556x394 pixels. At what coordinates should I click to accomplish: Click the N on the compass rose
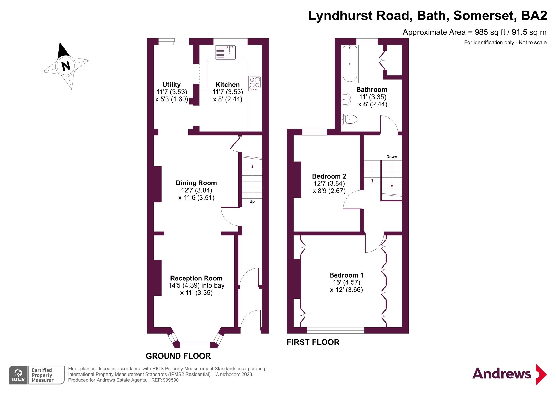click(66, 66)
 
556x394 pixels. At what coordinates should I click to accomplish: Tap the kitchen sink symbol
click(225, 52)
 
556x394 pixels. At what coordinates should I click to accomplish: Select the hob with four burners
click(255, 83)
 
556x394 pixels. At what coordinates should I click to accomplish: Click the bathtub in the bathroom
click(350, 64)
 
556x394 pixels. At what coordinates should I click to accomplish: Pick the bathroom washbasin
click(346, 99)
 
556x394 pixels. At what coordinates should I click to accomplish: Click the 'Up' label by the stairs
click(252, 202)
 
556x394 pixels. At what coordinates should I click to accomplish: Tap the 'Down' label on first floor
click(392, 157)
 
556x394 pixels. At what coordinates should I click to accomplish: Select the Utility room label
click(172, 85)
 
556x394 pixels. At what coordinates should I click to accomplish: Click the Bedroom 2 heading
click(329, 176)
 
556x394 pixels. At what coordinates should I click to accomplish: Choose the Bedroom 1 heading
click(346, 275)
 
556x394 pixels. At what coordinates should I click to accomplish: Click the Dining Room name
click(196, 183)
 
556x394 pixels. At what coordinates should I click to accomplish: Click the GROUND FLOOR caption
click(178, 356)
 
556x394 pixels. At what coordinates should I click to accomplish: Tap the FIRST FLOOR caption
click(313, 342)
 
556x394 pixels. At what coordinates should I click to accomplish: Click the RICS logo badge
click(18, 375)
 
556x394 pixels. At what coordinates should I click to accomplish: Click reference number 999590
click(171, 380)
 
